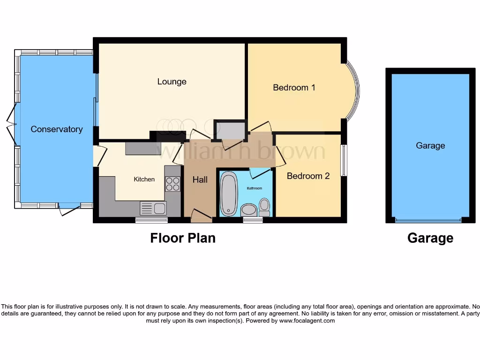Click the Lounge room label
click(172, 82)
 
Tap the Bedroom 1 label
click(294, 87)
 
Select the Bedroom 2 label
click(308, 176)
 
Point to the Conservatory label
click(56, 129)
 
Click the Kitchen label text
click(144, 179)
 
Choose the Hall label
click(200, 180)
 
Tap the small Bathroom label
click(255, 188)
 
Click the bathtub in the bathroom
click(229, 194)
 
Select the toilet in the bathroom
click(264, 206)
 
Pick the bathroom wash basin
click(248, 210)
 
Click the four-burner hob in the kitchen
click(172, 184)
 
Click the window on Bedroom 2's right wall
click(344, 160)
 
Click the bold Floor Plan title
click(183, 238)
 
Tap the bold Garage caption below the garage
click(430, 238)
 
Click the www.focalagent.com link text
click(307, 321)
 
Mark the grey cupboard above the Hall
click(230, 130)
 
